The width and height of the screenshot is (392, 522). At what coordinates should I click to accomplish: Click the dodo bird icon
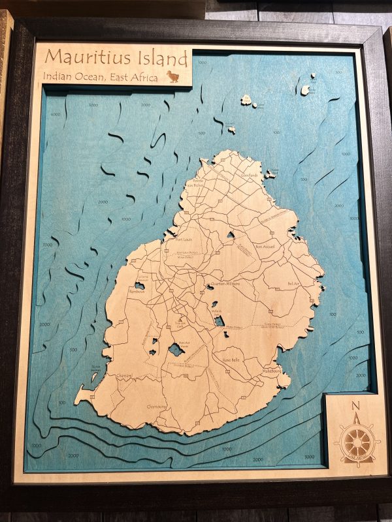click(174, 76)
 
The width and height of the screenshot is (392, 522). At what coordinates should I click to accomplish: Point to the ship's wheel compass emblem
click(357, 443)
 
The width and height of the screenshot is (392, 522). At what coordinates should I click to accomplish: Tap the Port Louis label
click(187, 239)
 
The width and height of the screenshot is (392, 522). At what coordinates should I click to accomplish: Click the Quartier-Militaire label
click(226, 284)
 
